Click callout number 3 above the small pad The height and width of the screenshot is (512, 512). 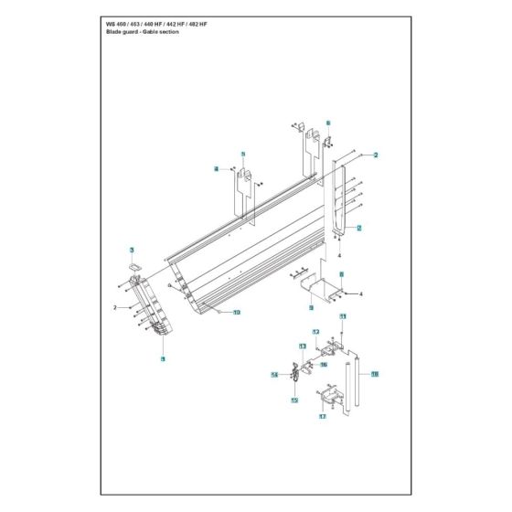coord(132,250)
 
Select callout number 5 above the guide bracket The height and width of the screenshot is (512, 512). coord(243,155)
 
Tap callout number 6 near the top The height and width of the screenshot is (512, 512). coord(328,122)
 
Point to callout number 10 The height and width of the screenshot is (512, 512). coord(236,313)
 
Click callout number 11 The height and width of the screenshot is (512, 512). coord(344,316)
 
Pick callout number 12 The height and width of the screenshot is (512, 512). coord(315,331)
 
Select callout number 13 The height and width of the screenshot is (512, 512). coord(303,347)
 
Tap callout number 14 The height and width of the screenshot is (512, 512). coord(273,375)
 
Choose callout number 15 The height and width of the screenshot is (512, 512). coord(294,400)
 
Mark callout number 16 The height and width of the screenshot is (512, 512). coord(323,364)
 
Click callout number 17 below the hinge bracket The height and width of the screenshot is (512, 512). coord(322,417)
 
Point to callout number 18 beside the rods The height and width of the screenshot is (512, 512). coord(375,374)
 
